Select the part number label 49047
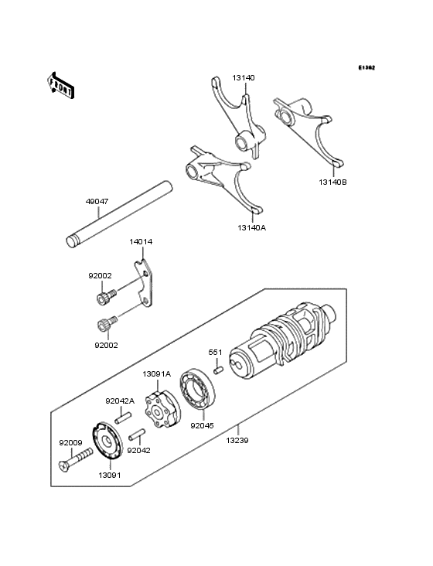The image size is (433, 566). pyautogui.click(x=97, y=201)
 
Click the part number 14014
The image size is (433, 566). pyautogui.click(x=141, y=242)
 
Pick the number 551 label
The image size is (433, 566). pyautogui.click(x=215, y=353)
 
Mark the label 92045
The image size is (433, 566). pyautogui.click(x=202, y=424)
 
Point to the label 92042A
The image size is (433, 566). pyautogui.click(x=120, y=401)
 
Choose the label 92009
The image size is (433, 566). pyautogui.click(x=70, y=443)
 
